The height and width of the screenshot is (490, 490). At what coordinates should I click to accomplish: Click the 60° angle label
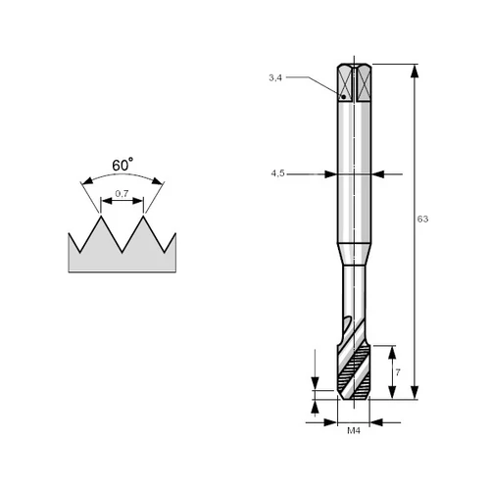[122, 165]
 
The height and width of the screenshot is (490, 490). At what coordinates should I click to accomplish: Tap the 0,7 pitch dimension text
[122, 194]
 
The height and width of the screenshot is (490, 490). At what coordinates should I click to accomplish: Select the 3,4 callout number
[275, 77]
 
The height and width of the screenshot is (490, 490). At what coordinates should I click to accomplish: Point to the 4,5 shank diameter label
[277, 173]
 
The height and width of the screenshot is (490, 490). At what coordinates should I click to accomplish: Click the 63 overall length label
[422, 219]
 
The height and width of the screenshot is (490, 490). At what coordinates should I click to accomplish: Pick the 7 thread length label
[398, 372]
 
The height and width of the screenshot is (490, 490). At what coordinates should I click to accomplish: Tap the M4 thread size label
[354, 431]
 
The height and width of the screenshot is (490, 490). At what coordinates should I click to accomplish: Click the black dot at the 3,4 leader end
[343, 97]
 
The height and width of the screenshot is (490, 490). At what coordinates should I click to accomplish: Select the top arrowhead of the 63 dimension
[415, 72]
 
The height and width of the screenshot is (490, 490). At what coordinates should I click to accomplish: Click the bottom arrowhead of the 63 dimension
[415, 392]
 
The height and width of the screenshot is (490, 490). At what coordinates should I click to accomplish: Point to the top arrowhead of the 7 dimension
[392, 353]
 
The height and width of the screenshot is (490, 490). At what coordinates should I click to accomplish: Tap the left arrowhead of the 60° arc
[87, 180]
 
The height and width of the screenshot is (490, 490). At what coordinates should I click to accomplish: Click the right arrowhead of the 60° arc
[157, 180]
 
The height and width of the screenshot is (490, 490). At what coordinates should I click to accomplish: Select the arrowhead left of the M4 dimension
[330, 422]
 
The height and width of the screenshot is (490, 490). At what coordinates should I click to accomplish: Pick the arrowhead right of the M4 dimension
[376, 422]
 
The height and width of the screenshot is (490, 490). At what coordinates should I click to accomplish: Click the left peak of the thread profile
[101, 217]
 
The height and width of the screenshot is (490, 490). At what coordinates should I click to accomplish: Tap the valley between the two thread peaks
[122, 252]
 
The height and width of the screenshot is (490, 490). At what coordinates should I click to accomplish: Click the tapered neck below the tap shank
[354, 255]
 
